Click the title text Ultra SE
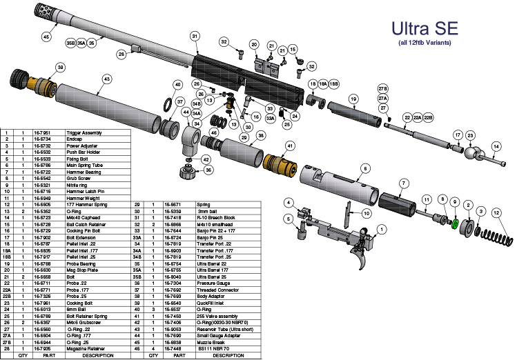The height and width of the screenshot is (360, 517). (x=424, y=29)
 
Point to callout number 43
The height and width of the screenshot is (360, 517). (x=106, y=79)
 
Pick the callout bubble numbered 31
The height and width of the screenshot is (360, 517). (x=195, y=36)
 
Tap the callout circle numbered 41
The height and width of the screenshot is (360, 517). (x=289, y=146)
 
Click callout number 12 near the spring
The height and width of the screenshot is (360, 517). (x=496, y=214)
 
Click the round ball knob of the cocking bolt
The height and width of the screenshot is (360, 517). (x=471, y=153)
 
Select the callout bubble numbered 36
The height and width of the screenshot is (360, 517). (x=208, y=170)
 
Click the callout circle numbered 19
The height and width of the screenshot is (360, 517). (x=352, y=99)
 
